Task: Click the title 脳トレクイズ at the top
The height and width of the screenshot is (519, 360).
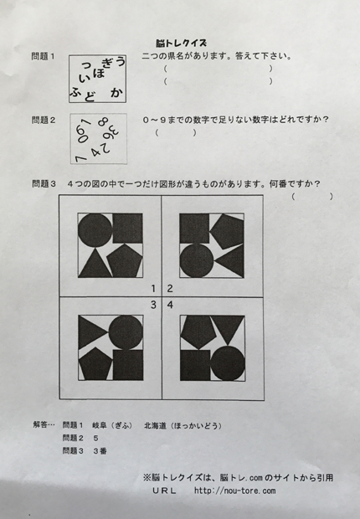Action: (x=180, y=41)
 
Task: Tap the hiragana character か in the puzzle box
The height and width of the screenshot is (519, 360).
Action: (x=116, y=94)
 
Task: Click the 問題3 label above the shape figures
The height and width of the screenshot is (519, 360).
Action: (x=43, y=184)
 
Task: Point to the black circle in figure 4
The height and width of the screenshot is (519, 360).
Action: (x=226, y=364)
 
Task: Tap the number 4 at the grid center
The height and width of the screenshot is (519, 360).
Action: (x=170, y=305)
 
